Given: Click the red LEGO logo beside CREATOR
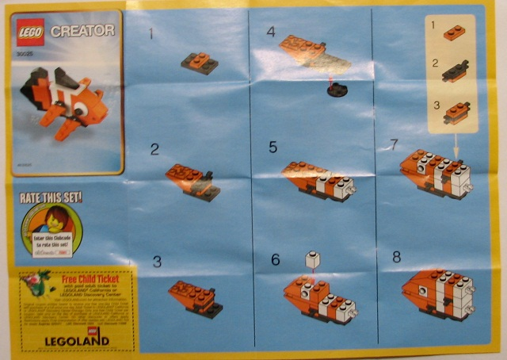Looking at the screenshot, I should click(x=30, y=31).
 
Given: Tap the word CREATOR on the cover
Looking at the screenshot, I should click(x=82, y=31).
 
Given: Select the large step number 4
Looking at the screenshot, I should click(x=271, y=33).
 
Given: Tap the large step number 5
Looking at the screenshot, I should click(x=273, y=147).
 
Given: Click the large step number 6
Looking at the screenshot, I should click(x=275, y=259).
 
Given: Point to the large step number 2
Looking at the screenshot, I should click(x=154, y=148).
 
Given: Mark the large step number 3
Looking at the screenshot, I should click(x=157, y=261).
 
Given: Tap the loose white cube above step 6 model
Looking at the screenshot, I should click(x=313, y=259).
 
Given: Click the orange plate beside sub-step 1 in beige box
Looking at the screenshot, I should click(x=455, y=33).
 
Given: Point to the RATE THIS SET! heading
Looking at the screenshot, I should click(x=52, y=196).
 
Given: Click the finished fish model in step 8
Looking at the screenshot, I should click(x=440, y=294).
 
